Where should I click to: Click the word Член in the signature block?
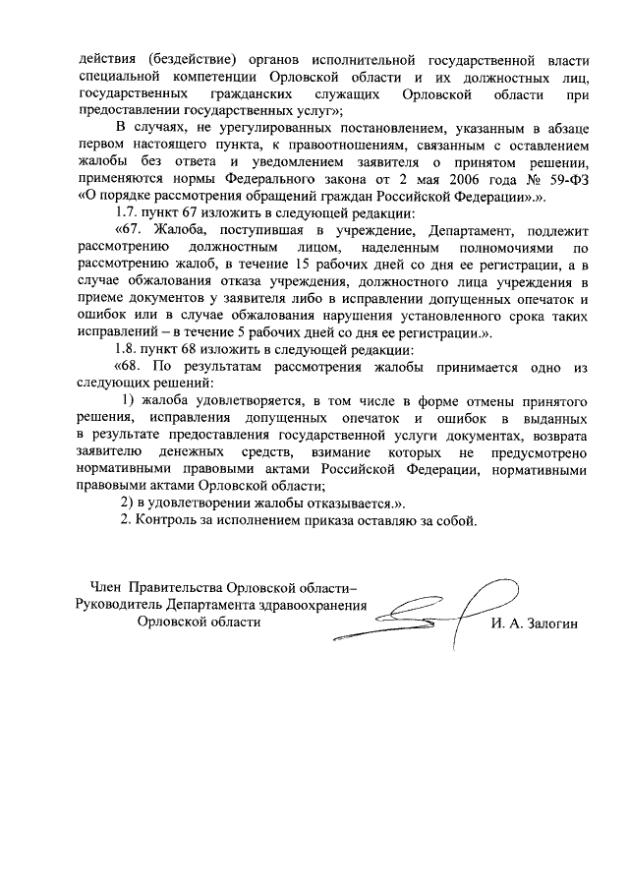(x=107, y=587)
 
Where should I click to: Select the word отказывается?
(x=332, y=503)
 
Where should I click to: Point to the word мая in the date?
(x=406, y=180)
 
